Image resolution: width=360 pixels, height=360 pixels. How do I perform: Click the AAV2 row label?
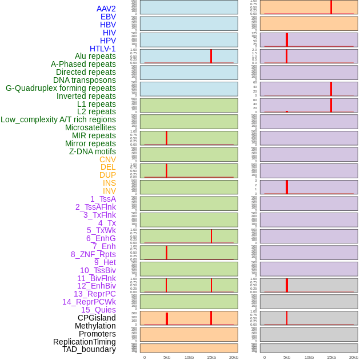[106, 9]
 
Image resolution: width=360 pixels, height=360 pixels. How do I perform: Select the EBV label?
[108, 17]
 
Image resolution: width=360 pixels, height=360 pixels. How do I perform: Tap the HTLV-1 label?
[102, 49]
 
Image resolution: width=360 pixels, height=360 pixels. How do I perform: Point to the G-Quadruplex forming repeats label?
[61, 88]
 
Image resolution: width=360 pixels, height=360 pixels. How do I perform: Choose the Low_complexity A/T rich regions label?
[58, 119]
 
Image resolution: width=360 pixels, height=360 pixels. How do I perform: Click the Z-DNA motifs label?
[93, 151]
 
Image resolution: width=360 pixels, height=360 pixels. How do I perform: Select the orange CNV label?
[107, 159]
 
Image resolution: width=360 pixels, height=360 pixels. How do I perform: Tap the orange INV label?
[109, 191]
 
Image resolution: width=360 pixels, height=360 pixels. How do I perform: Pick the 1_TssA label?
[103, 199]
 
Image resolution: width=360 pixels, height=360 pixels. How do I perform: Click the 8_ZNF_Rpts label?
[93, 254]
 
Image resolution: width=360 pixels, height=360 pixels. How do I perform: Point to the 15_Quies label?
[98, 310]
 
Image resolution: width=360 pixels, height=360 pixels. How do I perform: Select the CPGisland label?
[97, 318]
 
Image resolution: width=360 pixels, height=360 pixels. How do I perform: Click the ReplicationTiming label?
[85, 342]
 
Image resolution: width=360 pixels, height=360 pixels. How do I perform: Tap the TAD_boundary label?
[89, 349]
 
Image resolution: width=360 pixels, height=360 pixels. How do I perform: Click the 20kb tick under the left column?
[234, 357]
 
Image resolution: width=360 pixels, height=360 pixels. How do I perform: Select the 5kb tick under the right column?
[287, 357]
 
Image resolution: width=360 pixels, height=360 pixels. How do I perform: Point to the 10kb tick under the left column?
[189, 357]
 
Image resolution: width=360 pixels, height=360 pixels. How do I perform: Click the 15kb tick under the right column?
[331, 357]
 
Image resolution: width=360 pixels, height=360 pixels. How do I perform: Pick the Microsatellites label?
[90, 127]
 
